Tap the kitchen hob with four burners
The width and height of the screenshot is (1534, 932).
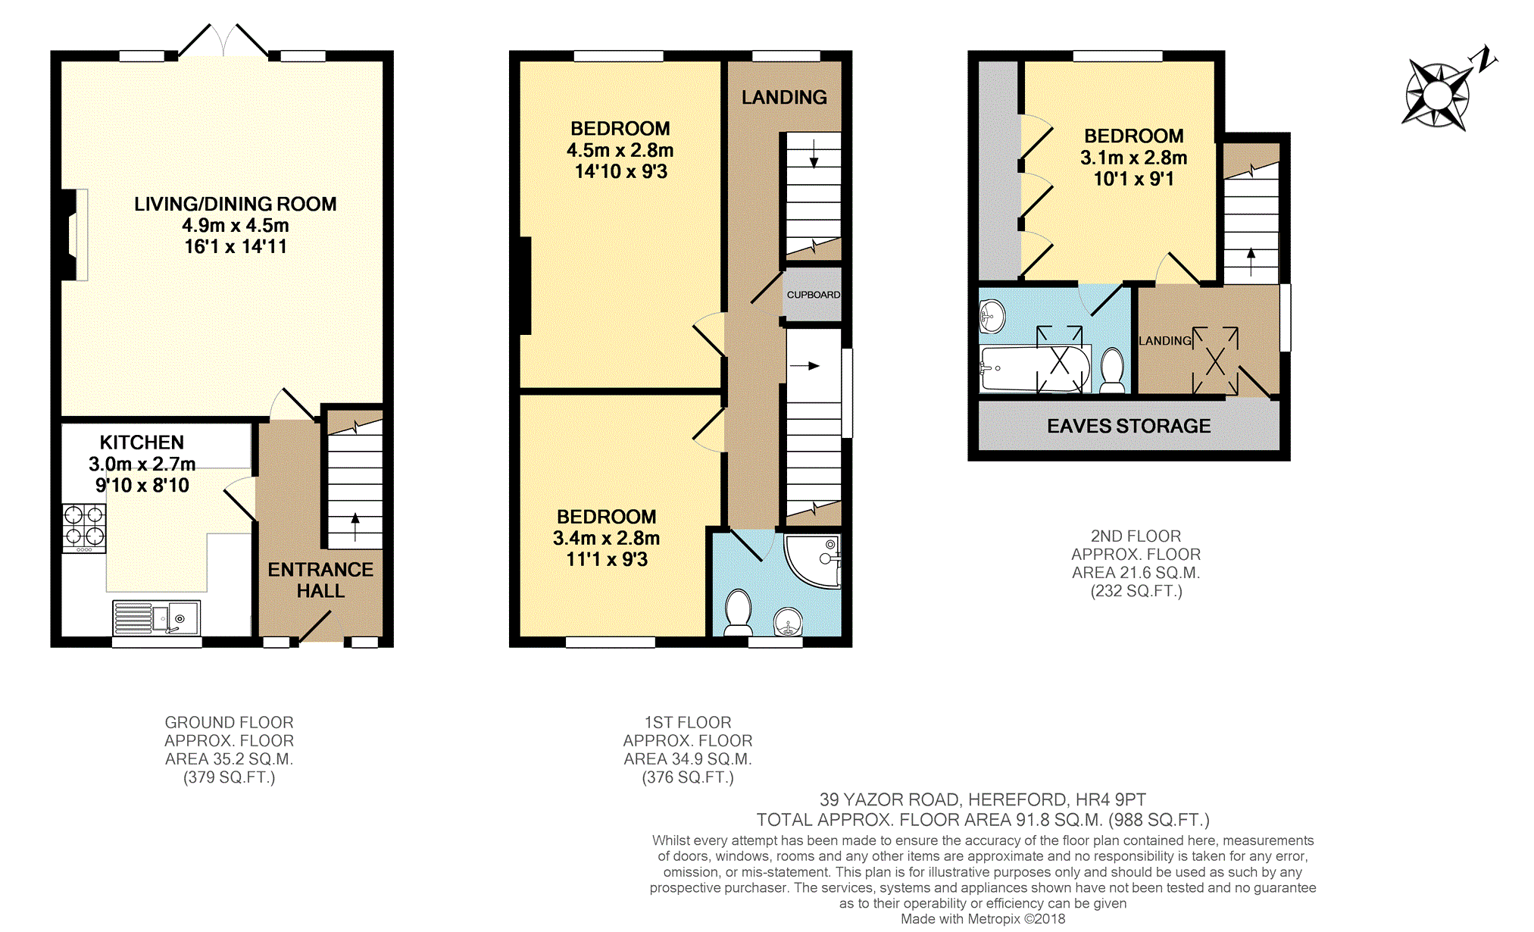tap(84, 528)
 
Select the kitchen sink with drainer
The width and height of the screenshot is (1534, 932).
tap(157, 618)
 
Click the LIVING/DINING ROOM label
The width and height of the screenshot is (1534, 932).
tap(236, 204)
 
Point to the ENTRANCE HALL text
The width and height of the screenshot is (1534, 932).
tap(320, 580)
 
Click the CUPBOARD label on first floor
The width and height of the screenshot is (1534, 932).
tap(814, 295)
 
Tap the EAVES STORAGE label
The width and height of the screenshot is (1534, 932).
tap(1129, 426)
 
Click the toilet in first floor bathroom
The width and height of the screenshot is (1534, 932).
tap(739, 612)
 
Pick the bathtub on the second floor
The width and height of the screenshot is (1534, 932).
tap(1035, 369)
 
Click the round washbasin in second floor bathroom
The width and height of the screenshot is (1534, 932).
tap(992, 316)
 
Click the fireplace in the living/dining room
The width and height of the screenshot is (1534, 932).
tap(74, 235)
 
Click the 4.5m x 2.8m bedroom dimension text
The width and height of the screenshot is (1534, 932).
tap(620, 150)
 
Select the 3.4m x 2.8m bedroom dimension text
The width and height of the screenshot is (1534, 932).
tap(606, 538)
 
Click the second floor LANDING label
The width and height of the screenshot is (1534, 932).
tap(1165, 341)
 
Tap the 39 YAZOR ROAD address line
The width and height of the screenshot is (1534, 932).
tap(983, 799)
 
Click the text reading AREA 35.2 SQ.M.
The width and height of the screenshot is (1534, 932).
tap(229, 759)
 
